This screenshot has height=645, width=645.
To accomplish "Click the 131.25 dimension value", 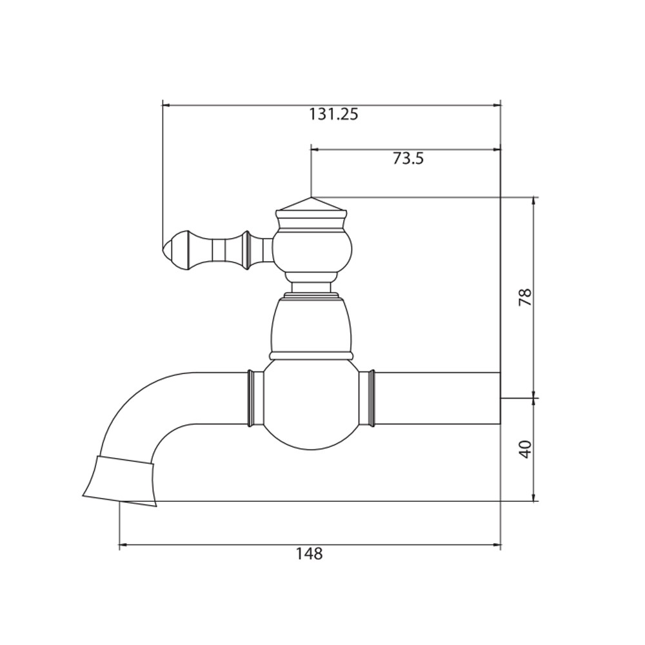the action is [x=333, y=114].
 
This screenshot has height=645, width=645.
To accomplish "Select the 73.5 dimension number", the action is [x=408, y=159].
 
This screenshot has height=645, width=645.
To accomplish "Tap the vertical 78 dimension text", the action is [x=526, y=297].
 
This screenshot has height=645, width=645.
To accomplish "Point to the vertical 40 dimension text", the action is [x=526, y=449].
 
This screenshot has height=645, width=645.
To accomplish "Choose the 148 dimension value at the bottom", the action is [x=310, y=553].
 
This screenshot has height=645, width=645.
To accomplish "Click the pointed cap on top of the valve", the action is [x=312, y=204].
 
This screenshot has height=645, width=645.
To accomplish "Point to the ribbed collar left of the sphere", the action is [x=255, y=398].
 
